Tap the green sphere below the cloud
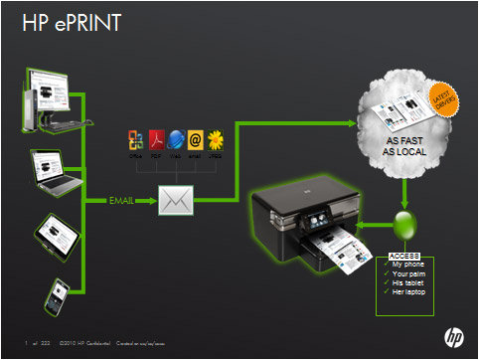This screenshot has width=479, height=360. tap(403, 225)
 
